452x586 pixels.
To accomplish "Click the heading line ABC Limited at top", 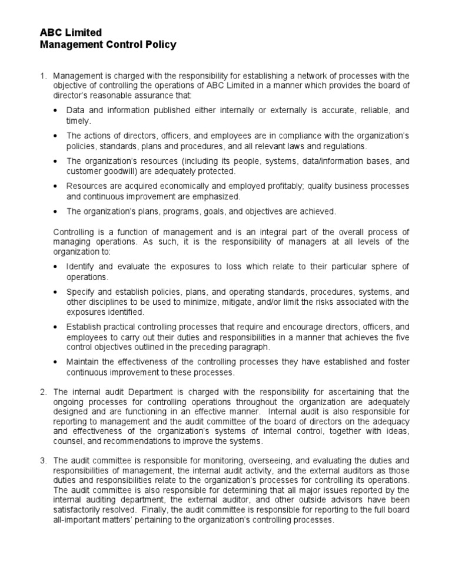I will coord(70,32).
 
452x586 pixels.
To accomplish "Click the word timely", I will coord(78,121).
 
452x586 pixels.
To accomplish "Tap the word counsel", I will coord(68,442).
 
